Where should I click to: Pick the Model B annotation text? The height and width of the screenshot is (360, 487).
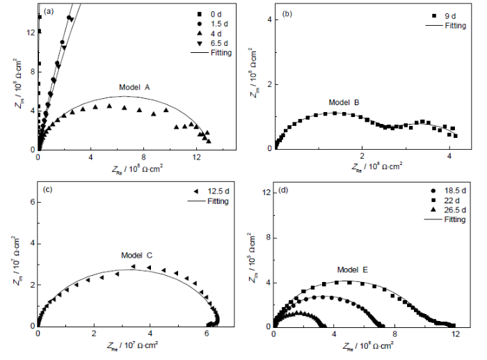[344, 103]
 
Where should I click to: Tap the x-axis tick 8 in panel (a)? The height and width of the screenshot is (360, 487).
[144, 158]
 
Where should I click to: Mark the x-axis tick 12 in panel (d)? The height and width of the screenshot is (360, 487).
[456, 334]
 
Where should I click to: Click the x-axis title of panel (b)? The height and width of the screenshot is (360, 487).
[363, 167]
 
